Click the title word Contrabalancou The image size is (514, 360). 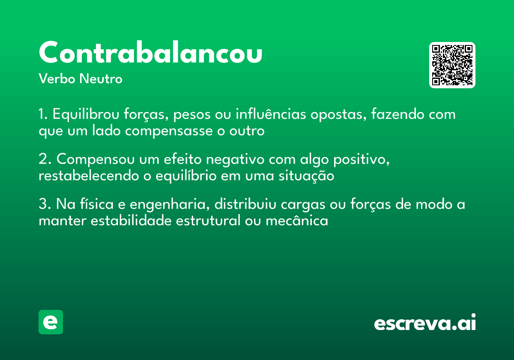point(150,53)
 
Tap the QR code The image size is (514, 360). point(452,65)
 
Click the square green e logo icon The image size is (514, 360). point(51,322)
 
